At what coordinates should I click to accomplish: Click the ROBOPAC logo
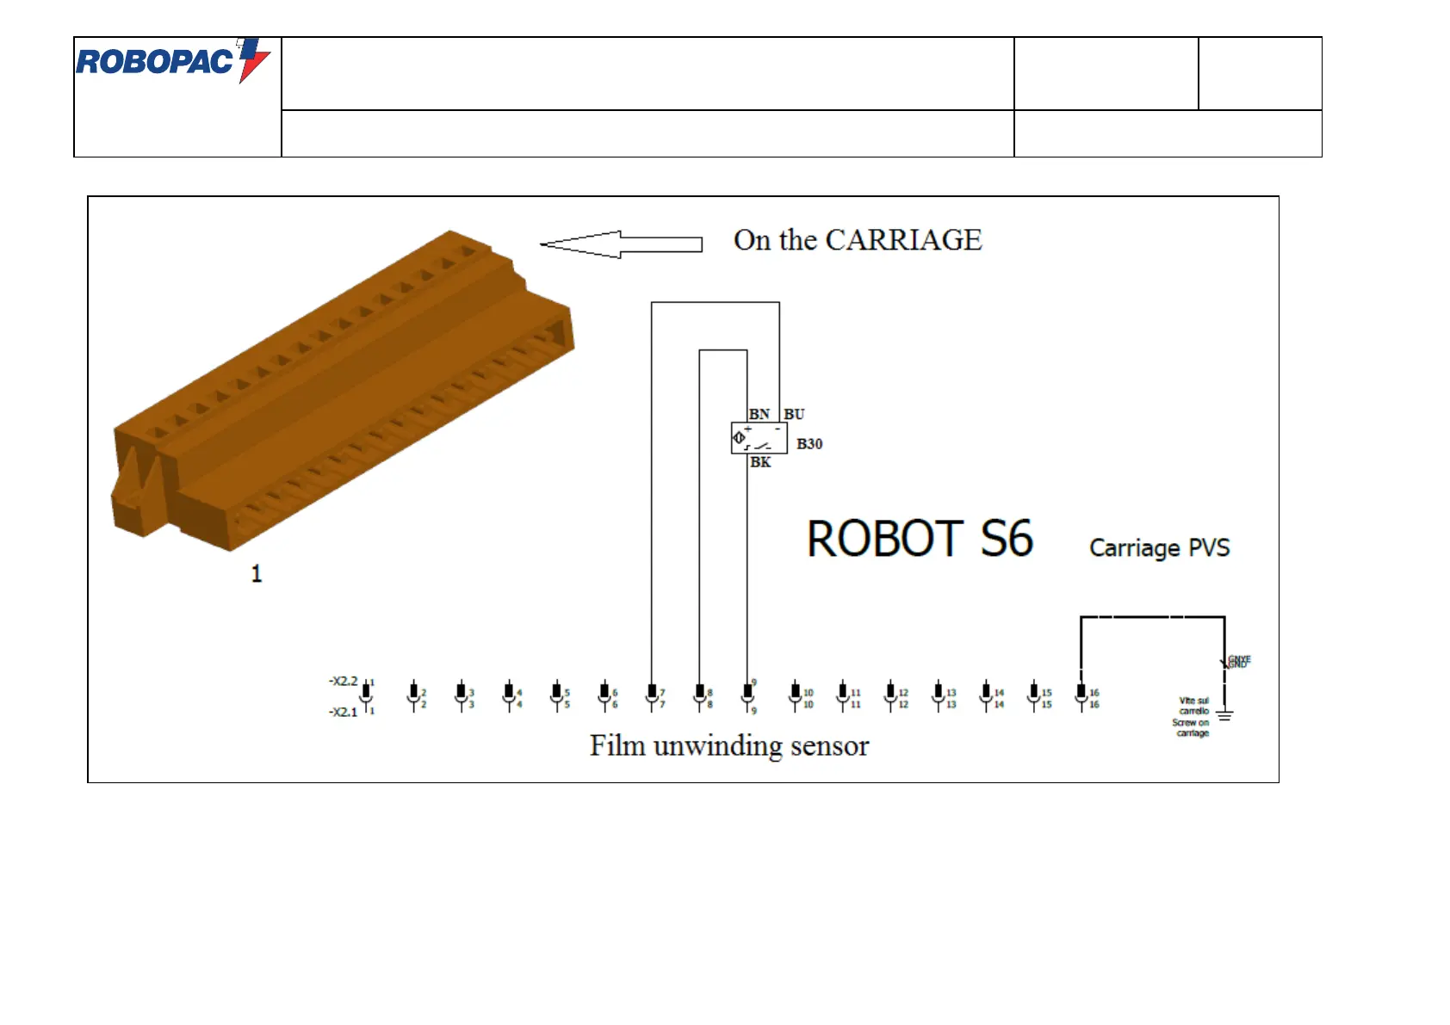[173, 60]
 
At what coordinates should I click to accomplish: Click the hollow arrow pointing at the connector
[621, 244]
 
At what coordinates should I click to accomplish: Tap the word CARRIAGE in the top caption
[903, 240]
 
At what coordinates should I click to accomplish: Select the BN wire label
[759, 414]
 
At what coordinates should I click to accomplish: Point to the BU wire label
[794, 414]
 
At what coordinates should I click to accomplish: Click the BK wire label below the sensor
[760, 462]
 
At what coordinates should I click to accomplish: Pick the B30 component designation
[809, 444]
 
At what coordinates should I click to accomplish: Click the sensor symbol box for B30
[759, 438]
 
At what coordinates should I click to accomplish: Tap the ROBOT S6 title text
[920, 540]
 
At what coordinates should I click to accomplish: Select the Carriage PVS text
[1159, 548]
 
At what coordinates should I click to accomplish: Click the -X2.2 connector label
[343, 681]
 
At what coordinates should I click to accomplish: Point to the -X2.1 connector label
[343, 712]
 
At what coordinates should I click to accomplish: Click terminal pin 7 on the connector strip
[652, 695]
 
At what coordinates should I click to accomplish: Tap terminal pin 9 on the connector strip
[747, 695]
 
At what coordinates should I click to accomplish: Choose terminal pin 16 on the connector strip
[1081, 695]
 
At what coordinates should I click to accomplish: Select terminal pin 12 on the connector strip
[890, 695]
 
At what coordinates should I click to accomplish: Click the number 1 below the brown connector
[256, 574]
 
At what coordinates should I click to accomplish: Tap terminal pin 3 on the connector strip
[462, 695]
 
